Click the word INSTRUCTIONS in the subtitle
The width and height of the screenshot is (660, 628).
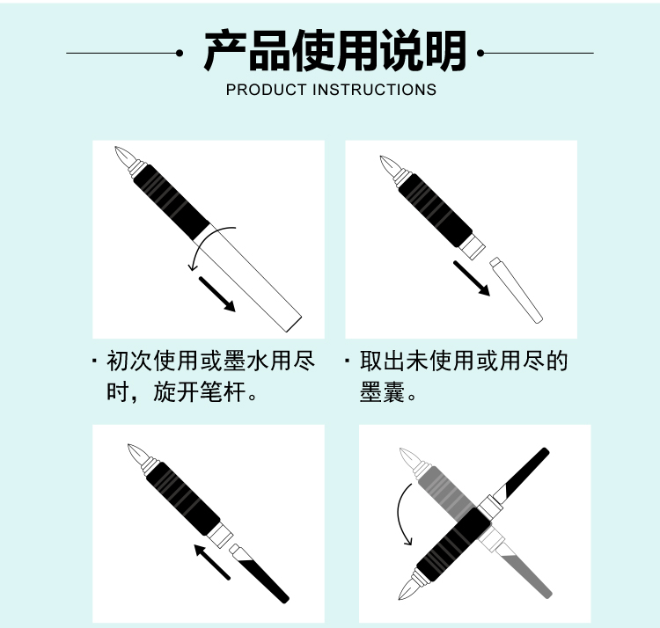(x=375, y=90)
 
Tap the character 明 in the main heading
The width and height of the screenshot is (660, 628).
(x=446, y=51)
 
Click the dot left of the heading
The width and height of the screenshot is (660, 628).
(x=180, y=54)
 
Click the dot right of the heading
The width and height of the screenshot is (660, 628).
(x=480, y=54)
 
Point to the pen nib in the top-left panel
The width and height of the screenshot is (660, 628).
(x=125, y=156)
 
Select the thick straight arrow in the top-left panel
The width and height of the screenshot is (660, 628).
(x=217, y=295)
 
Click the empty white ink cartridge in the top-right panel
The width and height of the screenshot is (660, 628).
(x=516, y=290)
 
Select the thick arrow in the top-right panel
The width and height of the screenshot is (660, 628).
(x=472, y=279)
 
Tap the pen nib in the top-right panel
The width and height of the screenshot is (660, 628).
(x=389, y=164)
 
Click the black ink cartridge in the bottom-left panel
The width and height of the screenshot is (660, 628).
(x=260, y=573)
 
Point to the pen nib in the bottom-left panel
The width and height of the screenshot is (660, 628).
(x=137, y=454)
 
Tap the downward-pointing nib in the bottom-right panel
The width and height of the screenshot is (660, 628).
(x=409, y=589)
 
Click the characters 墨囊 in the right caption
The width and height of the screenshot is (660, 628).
(x=382, y=392)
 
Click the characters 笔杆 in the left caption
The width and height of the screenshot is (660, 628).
(x=224, y=392)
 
